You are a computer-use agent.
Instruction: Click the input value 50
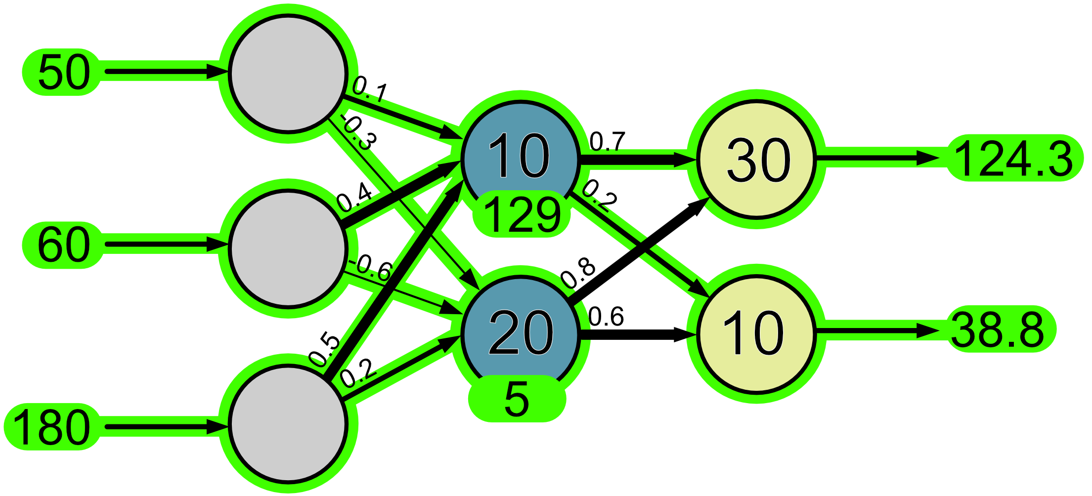coord(63,73)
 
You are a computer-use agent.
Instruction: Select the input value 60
coord(63,245)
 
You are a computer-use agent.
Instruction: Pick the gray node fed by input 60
coord(288,248)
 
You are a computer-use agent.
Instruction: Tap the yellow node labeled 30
coord(756,159)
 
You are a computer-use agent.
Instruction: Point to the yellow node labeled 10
coord(756,334)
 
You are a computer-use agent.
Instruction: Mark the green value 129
coord(522,215)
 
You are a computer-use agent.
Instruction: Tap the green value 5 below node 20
coord(517,399)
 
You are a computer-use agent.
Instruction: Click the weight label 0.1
coord(370,89)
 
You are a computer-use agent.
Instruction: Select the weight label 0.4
coord(354,197)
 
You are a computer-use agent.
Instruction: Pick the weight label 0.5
coord(324,350)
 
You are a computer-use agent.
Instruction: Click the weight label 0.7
coord(608,141)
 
